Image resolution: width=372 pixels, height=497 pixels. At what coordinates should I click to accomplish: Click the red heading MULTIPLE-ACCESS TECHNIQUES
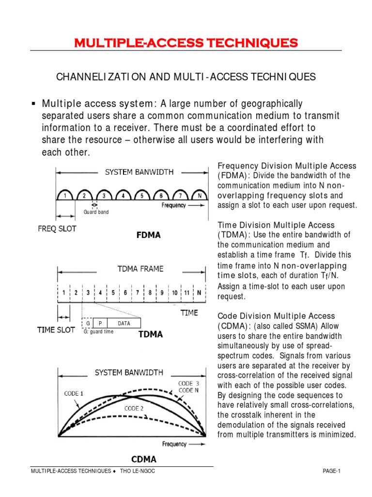coord(186,43)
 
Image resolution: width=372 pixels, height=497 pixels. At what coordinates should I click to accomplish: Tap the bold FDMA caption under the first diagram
coord(149,235)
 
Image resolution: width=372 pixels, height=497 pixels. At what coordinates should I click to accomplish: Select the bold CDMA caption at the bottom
coord(144,459)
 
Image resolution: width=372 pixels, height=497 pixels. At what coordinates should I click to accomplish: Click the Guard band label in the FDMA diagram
coord(96,212)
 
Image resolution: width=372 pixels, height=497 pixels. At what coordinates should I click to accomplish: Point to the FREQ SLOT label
coord(57,229)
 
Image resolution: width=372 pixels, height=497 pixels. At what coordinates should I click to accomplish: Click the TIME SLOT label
coord(56,330)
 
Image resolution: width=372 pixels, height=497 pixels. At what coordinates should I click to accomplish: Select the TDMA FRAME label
coord(140,268)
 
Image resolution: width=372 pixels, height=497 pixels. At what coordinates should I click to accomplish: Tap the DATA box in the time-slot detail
coord(124,324)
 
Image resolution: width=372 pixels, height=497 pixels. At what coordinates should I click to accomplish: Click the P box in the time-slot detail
coord(100,324)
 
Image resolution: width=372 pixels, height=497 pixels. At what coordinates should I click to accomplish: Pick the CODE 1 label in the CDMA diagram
coord(74,394)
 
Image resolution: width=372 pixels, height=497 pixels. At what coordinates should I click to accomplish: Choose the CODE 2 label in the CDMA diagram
coord(134,409)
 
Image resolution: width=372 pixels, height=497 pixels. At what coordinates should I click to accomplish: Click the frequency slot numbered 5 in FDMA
coord(141,196)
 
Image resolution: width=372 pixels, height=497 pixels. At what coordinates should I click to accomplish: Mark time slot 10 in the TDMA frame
coord(174,293)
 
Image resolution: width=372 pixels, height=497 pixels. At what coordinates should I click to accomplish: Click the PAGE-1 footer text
coord(332,471)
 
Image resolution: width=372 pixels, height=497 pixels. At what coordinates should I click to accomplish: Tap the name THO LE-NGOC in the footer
coord(138,471)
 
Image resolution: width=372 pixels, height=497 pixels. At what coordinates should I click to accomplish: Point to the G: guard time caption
coord(98,332)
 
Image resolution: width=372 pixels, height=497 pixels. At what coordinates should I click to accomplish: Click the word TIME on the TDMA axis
coord(189,313)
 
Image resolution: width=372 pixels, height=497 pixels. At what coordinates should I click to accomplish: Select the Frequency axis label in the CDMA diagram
coord(174,444)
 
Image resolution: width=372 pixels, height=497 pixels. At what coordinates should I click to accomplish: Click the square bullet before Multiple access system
coord(34,104)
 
